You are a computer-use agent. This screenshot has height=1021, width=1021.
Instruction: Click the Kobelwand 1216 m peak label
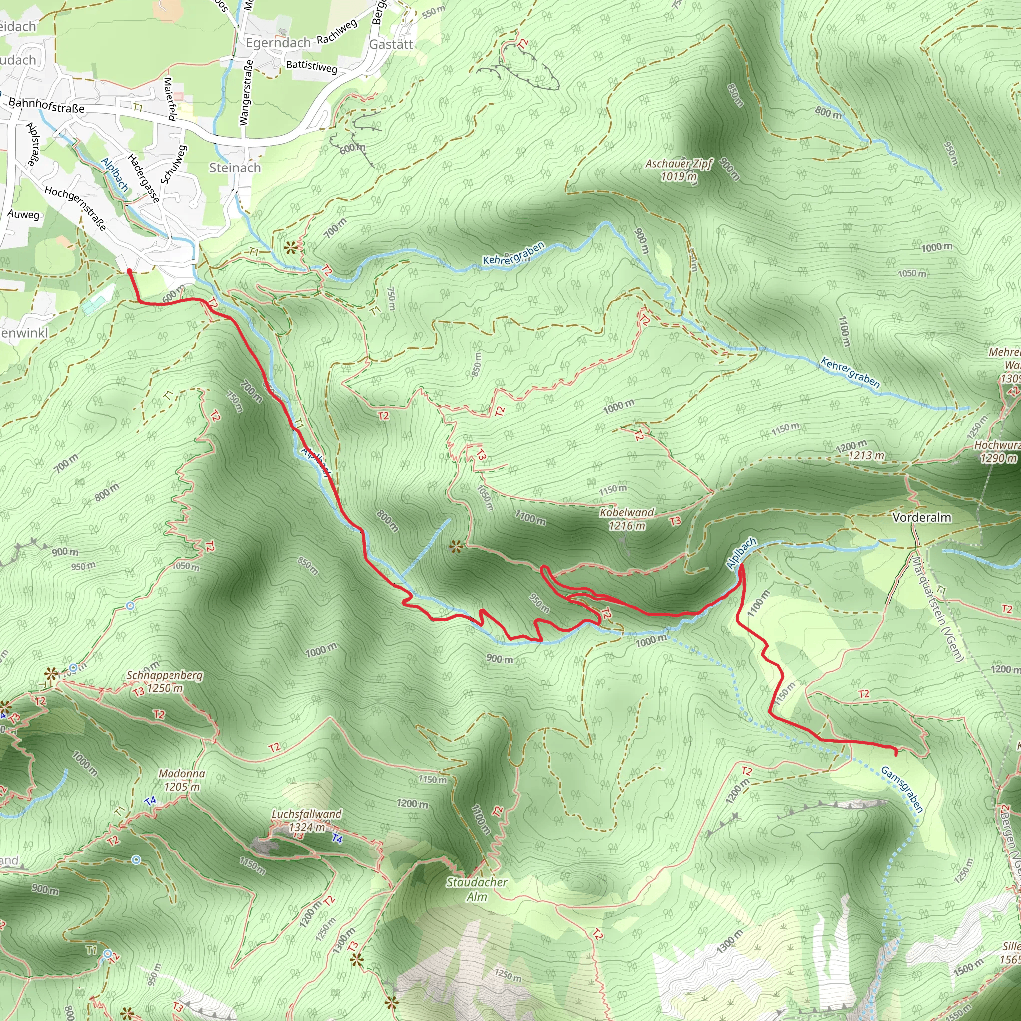coord(626,519)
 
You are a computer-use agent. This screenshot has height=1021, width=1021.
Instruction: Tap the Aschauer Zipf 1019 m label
coord(679,170)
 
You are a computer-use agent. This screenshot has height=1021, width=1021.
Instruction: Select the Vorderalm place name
coord(922,517)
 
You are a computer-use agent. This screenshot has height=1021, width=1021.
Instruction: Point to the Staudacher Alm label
coord(477,889)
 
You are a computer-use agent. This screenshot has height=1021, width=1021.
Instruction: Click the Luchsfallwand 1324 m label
coord(307,820)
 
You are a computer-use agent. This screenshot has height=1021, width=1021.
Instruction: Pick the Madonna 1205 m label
coord(182,780)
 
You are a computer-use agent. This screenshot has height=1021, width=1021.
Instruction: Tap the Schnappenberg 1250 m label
coord(165,681)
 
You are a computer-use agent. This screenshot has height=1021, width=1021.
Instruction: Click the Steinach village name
coord(235,168)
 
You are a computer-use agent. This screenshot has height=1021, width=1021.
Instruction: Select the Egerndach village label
coord(278,43)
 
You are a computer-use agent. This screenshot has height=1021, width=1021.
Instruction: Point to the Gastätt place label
coord(390,44)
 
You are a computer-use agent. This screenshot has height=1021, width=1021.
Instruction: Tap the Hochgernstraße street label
coord(76,208)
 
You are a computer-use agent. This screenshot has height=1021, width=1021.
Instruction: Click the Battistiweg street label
coord(311,66)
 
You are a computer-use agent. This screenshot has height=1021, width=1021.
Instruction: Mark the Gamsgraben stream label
coord(902,790)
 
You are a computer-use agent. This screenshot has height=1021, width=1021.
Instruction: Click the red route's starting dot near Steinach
coord(130,271)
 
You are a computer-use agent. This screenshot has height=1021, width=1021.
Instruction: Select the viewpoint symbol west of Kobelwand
coord(456,547)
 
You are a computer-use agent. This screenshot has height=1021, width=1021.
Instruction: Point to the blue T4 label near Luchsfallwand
coord(337,839)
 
